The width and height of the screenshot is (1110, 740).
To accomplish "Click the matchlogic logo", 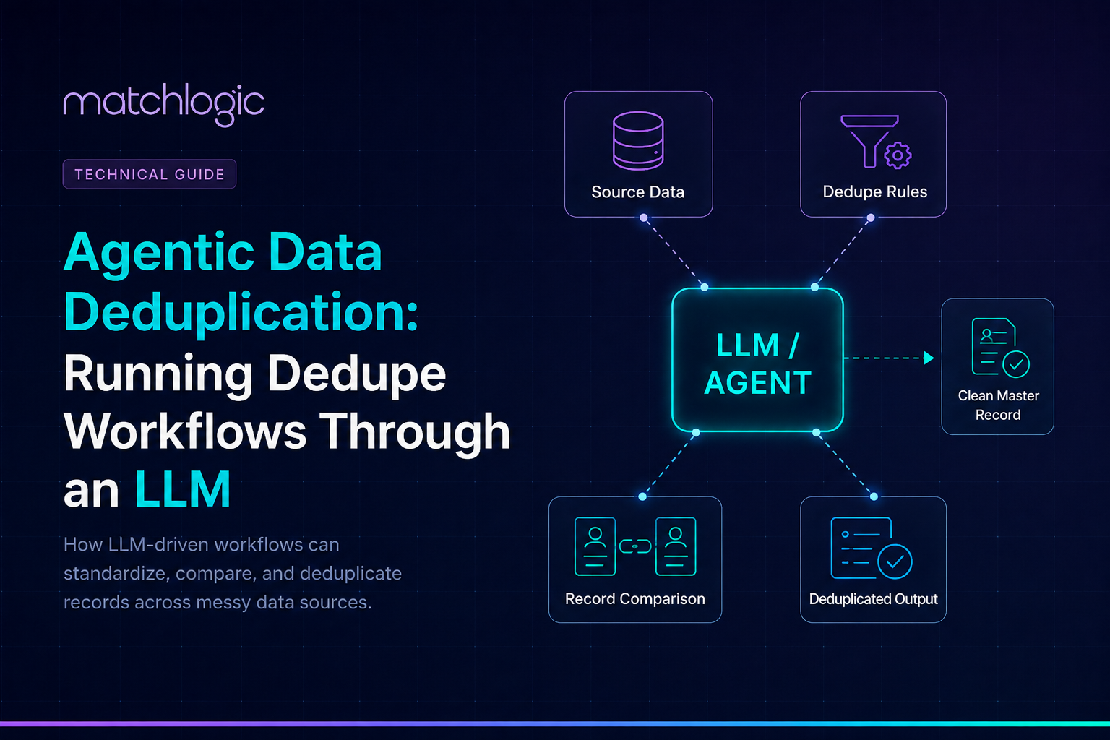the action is (164, 105).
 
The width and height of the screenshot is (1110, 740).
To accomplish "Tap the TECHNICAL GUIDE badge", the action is (149, 174).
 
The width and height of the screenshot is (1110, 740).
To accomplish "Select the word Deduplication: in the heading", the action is (241, 311).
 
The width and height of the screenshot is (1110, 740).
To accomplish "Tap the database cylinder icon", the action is (638, 141).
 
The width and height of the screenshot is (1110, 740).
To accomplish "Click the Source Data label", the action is (638, 192).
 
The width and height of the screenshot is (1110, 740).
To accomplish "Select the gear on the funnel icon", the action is (898, 155).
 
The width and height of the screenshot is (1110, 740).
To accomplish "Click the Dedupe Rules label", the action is (874, 192).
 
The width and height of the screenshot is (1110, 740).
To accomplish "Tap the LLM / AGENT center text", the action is (757, 363).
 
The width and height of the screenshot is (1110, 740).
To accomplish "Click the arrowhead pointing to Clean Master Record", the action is (929, 358).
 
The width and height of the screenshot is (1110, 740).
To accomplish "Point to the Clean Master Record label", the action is (998, 405).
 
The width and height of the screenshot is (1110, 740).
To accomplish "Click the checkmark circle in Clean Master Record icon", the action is (1016, 364).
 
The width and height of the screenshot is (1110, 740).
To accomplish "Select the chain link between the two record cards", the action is (635, 546).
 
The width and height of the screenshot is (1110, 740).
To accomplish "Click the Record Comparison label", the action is (634, 599).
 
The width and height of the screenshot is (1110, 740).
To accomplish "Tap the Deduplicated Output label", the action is (873, 599).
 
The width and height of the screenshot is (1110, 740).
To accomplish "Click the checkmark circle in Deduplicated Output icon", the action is (895, 562).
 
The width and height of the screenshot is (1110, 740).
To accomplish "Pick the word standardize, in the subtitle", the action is (117, 574).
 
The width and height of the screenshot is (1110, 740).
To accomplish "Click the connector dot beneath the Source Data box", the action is (644, 218).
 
